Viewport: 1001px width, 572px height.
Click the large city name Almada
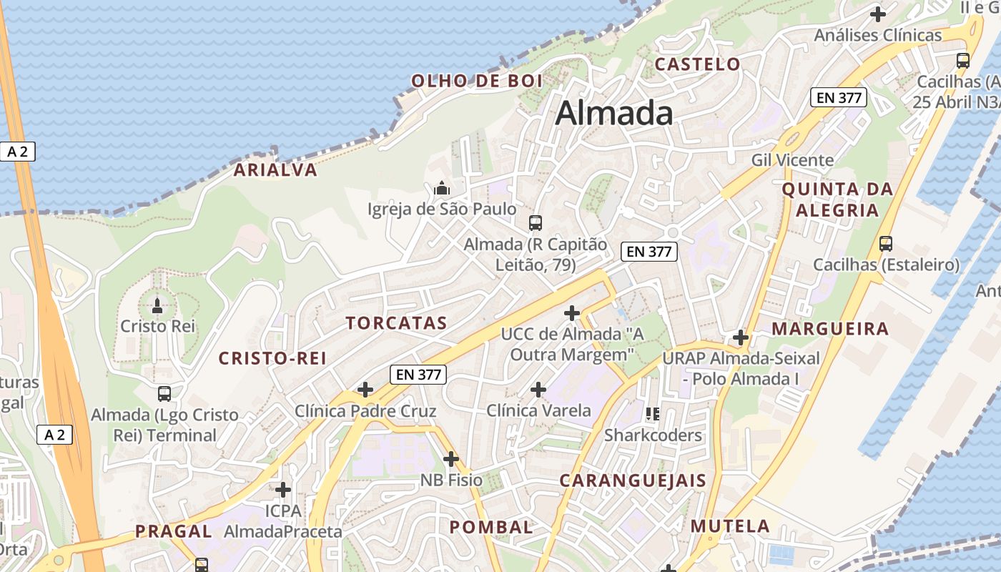614,113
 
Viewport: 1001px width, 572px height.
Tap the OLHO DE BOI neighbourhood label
477,81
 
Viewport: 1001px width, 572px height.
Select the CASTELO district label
697,64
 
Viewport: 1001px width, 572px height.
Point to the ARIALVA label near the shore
275,170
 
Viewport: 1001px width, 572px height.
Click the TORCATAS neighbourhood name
397,323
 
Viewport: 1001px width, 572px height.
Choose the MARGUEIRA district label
831,329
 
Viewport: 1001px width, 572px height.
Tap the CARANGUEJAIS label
633,480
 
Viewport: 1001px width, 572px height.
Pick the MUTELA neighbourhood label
730,527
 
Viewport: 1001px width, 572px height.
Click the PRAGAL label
174,531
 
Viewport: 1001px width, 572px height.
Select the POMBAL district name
491,528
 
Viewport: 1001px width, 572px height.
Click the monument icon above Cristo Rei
157,307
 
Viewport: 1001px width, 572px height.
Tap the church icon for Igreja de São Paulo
442,189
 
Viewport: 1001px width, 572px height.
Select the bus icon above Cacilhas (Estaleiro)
886,244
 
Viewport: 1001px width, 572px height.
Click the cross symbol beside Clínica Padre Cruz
365,390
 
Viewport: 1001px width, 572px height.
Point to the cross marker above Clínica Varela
538,390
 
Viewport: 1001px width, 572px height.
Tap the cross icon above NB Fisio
450,458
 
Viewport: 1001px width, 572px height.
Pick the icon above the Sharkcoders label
652,414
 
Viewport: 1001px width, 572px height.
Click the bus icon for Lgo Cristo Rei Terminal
164,393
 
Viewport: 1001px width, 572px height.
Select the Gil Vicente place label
792,160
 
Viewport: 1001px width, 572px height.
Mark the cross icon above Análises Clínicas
878,14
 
